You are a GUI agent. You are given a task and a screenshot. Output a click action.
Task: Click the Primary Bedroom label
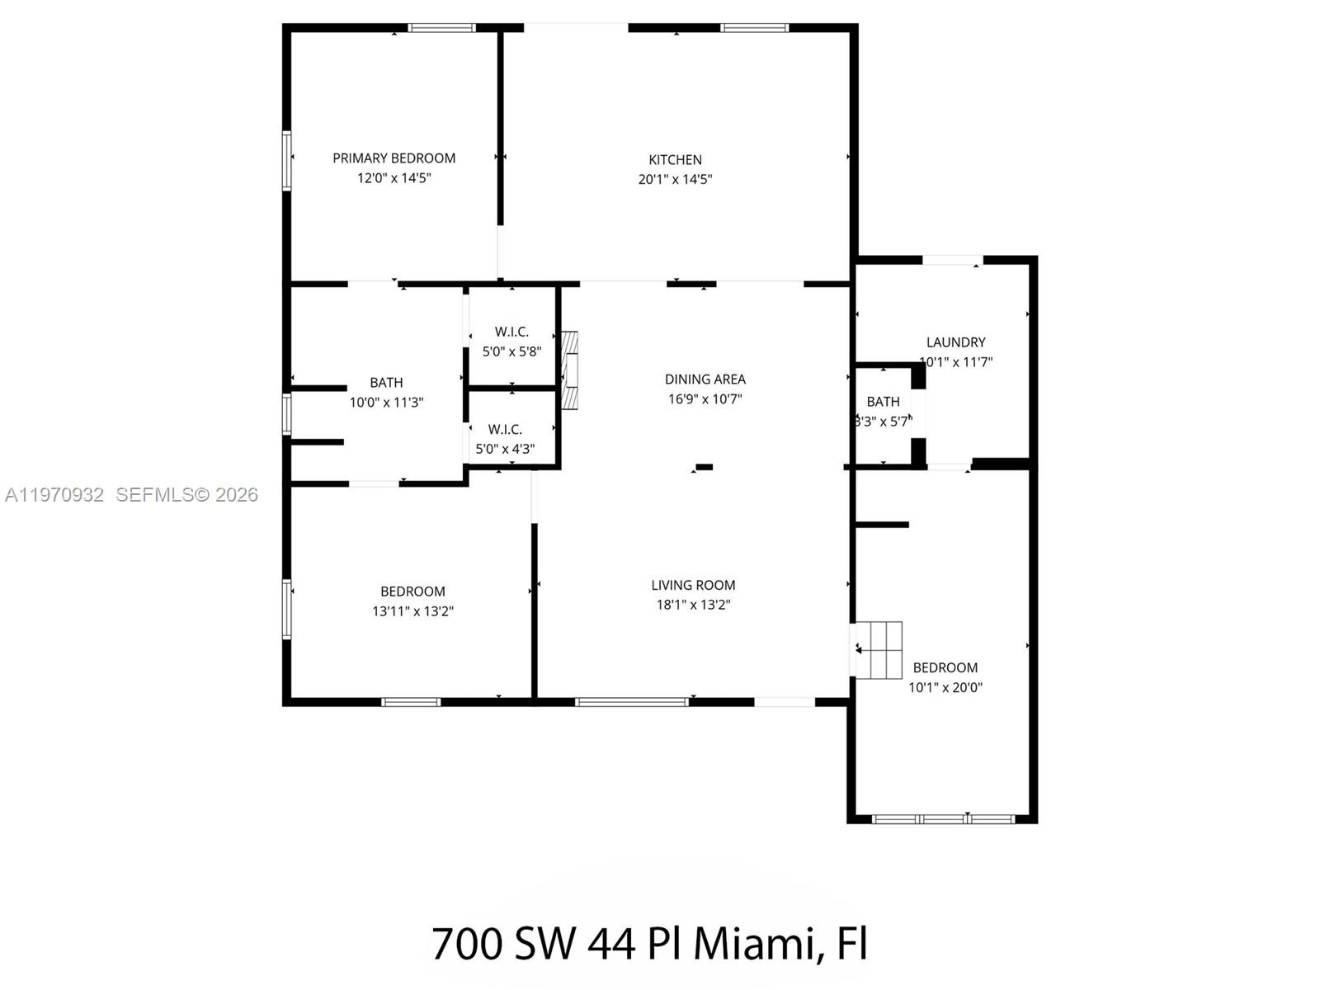394,158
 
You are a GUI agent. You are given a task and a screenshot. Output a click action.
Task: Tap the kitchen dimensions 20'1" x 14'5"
675,179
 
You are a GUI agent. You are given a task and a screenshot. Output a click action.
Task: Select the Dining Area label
705,379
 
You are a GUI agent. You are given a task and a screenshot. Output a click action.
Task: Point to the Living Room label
693,585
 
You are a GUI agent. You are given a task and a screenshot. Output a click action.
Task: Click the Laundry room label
955,342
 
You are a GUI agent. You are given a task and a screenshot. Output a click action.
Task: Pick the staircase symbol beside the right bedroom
879,650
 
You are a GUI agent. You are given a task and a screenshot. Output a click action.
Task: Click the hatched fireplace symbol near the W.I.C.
569,370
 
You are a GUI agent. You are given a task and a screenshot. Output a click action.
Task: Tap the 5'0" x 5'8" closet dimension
511,351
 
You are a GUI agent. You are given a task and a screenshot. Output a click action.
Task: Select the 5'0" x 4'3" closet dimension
505,449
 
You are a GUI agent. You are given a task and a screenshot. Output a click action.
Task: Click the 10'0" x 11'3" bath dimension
386,403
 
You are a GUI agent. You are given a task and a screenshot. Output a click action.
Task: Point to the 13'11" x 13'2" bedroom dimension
412,611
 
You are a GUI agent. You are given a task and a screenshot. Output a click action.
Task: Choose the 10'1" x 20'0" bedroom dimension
945,687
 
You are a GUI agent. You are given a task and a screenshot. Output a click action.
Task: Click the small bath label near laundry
883,401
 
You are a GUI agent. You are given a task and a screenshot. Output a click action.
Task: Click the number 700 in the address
466,943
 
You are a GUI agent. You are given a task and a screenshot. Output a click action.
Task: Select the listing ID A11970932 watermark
54,494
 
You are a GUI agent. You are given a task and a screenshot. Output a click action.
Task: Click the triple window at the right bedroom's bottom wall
943,819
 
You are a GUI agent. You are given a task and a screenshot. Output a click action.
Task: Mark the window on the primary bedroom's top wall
442,28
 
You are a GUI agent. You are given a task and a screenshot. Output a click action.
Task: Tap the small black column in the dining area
703,467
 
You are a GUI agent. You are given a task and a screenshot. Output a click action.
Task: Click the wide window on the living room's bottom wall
631,702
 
